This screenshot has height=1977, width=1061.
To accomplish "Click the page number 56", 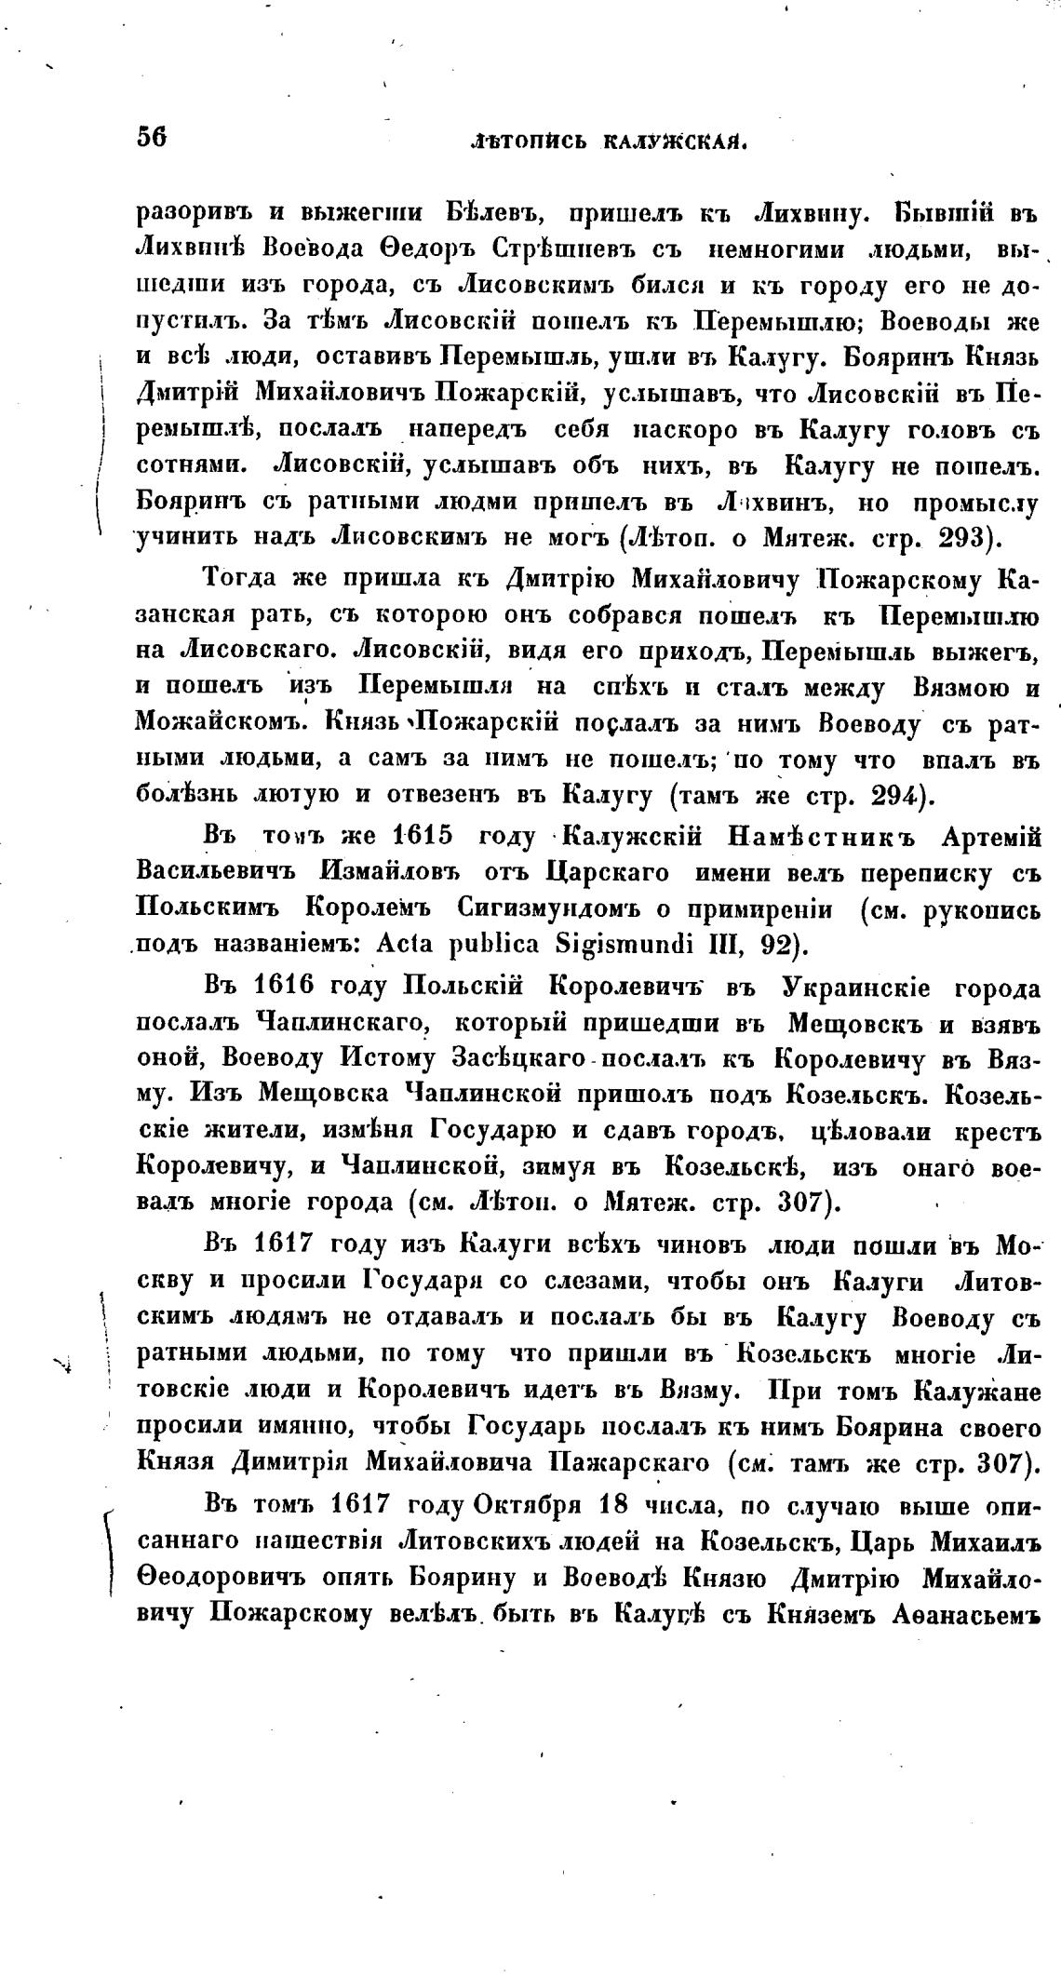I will [x=151, y=137].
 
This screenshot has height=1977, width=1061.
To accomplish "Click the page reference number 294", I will [x=891, y=796].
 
